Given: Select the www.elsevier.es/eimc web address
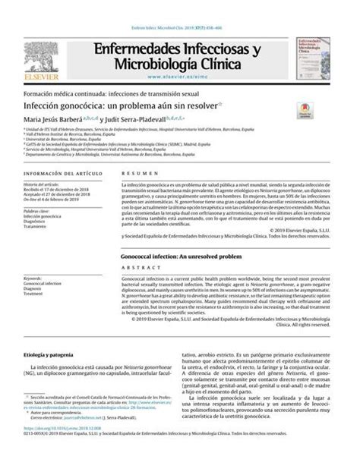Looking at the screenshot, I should pyautogui.click(x=180, y=77).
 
